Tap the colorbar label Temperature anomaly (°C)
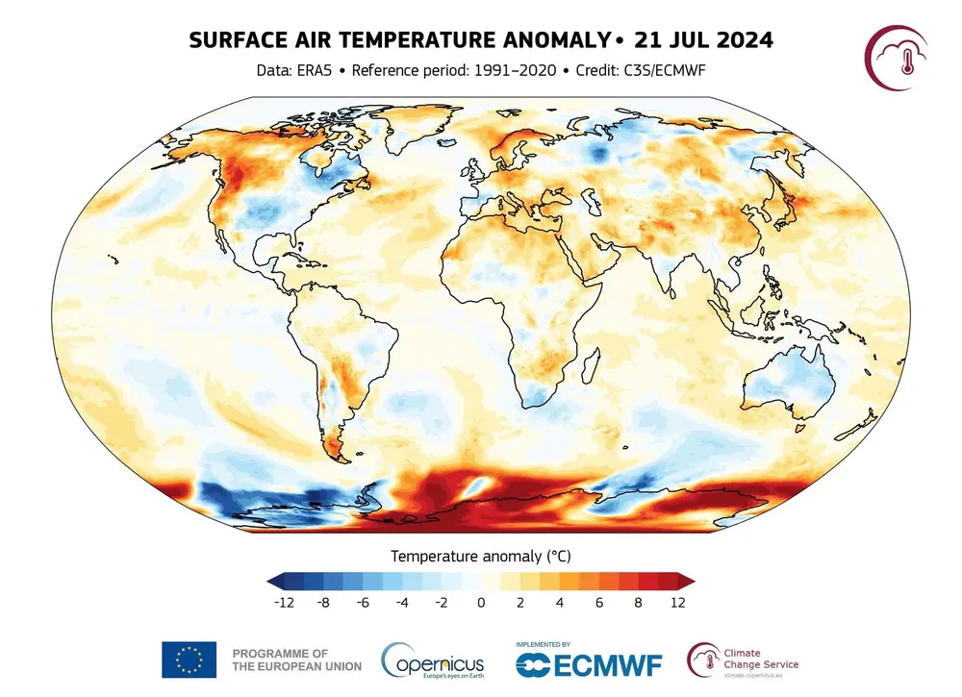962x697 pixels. tap(481, 556)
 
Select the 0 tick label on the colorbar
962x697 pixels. tap(481, 603)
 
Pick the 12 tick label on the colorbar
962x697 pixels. tap(678, 603)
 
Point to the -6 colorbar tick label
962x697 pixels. tap(362, 603)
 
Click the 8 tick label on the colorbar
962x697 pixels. tap(639, 603)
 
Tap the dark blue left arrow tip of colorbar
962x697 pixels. tap(274, 580)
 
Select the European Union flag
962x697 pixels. tap(189, 659)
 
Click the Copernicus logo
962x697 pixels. tap(433, 660)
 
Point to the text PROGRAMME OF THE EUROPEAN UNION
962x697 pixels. tap(296, 659)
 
